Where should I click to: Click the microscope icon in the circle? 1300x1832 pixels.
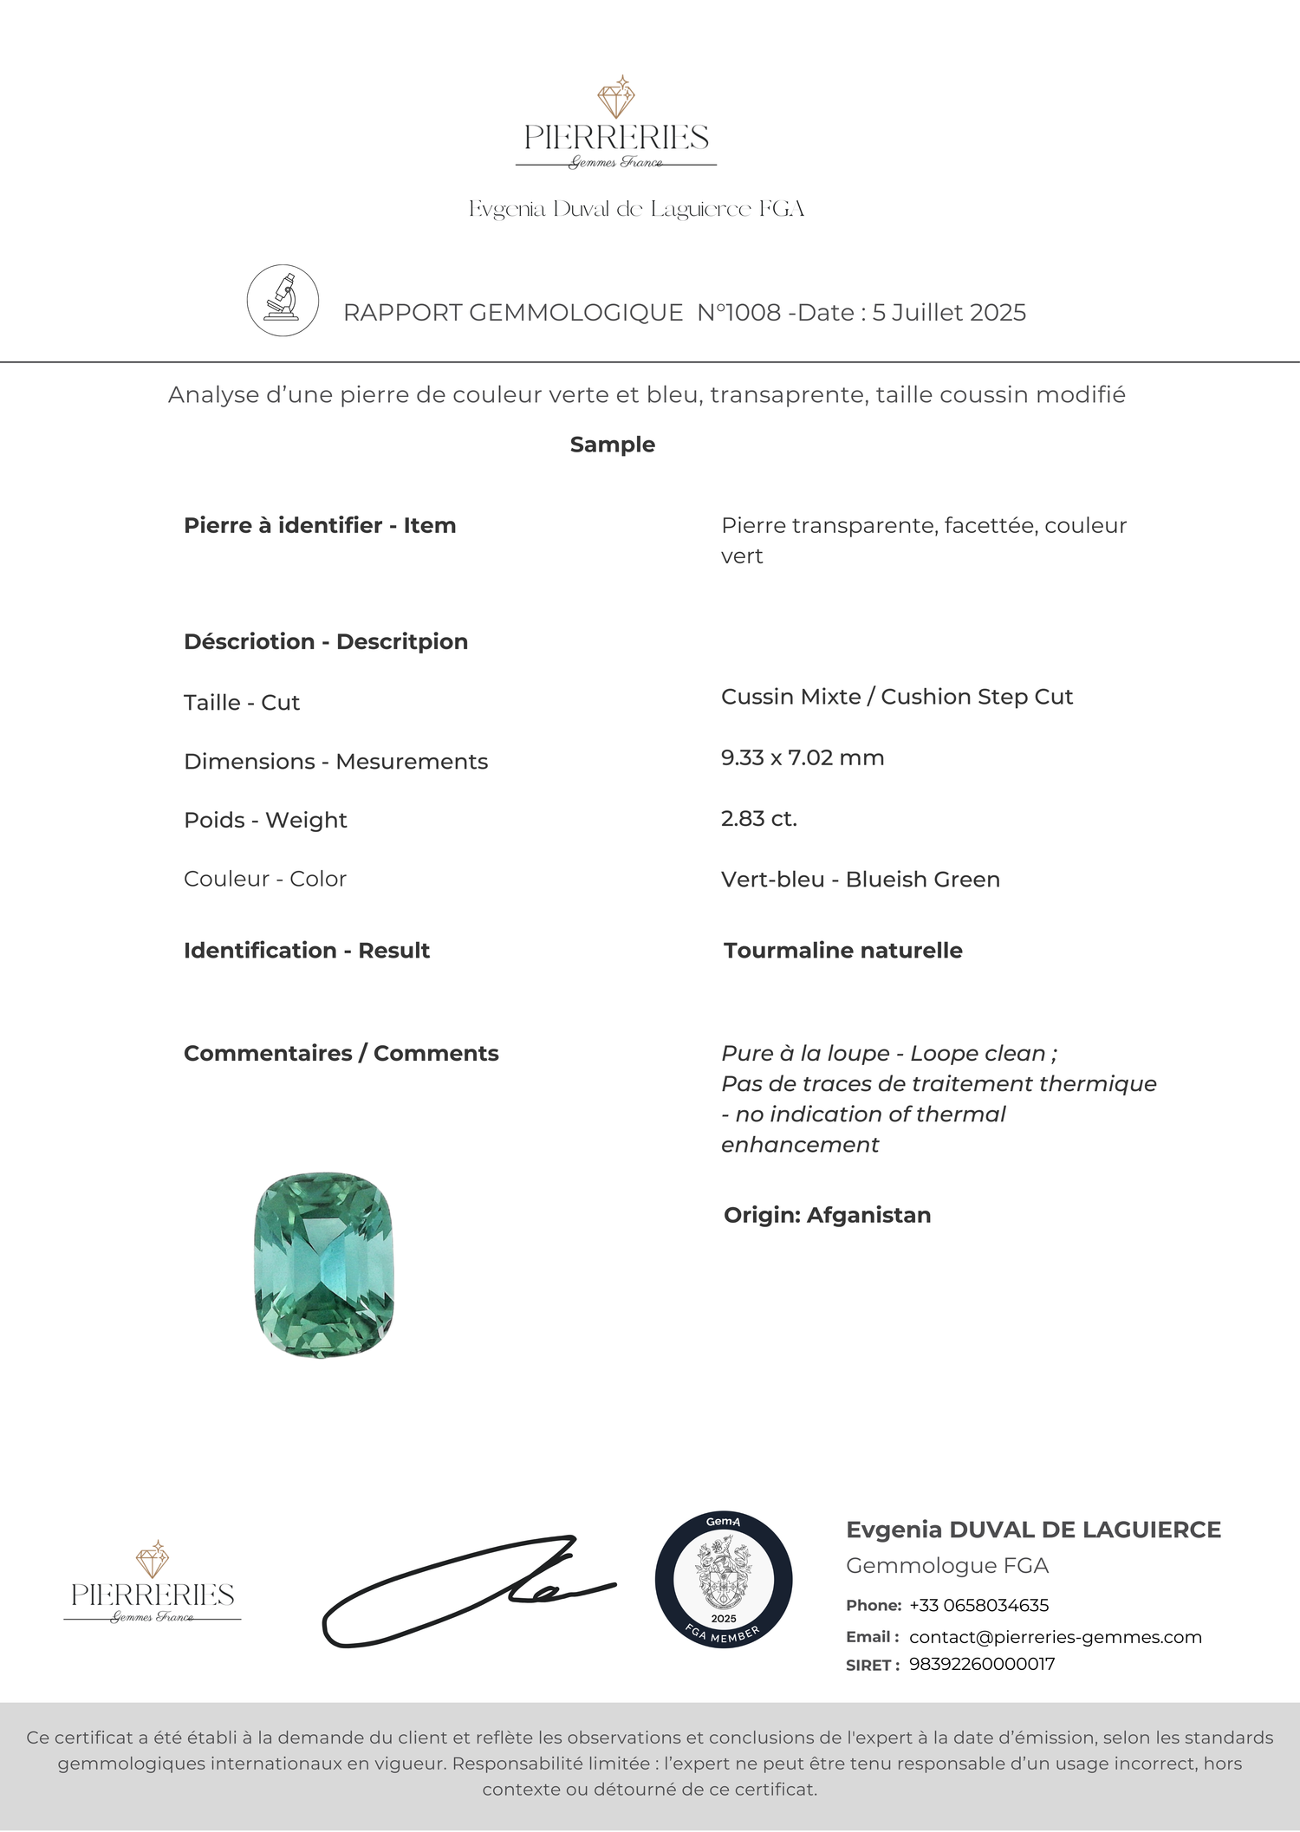click(x=283, y=300)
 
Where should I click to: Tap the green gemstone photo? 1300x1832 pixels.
click(x=324, y=1264)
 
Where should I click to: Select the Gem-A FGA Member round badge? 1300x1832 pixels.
click(x=724, y=1580)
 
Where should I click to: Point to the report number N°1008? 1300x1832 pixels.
click(x=739, y=313)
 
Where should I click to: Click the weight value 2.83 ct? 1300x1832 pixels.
click(x=759, y=819)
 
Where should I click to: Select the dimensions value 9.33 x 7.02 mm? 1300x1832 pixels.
click(x=803, y=758)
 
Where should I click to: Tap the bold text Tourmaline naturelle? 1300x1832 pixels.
click(x=843, y=951)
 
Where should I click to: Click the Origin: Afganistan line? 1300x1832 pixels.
click(x=828, y=1215)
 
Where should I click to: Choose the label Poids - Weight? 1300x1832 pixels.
click(x=265, y=820)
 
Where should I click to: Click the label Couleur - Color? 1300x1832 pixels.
click(x=265, y=879)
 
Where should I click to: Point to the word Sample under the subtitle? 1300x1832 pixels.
click(x=613, y=445)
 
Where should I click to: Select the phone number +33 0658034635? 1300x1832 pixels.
click(x=978, y=1605)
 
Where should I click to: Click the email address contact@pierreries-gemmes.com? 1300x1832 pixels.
click(x=1055, y=1637)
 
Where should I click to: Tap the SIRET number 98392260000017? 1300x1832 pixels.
click(x=982, y=1664)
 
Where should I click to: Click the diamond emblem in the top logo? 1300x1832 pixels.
click(x=616, y=97)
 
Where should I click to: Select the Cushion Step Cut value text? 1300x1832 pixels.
click(x=977, y=698)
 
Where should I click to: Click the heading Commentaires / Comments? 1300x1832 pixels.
click(x=341, y=1054)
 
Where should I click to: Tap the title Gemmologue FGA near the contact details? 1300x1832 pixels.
click(x=947, y=1566)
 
